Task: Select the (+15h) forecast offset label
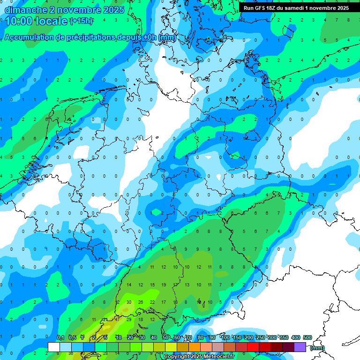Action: pos(81,21)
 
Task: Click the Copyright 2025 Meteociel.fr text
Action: pos(200,357)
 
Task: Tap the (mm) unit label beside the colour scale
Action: pos(317,348)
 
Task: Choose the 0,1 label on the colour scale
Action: pos(60,337)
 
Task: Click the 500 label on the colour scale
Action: pos(307,337)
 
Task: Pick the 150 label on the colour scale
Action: pos(237,337)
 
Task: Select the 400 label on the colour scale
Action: pos(296,337)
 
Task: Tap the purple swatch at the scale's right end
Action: pos(300,346)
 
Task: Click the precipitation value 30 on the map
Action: pos(129,302)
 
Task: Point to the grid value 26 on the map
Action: pos(141,302)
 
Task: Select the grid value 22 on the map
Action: pos(152,302)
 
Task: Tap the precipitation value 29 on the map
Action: pos(129,320)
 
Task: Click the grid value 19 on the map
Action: pos(164,285)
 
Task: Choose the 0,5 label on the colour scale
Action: pos(72,337)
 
